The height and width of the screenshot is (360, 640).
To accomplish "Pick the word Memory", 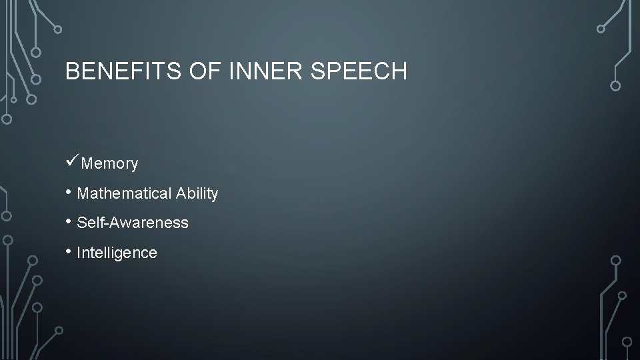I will click(x=109, y=163).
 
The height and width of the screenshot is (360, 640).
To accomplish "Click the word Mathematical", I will click(x=124, y=193).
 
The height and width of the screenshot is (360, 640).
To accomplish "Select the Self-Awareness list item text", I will click(x=133, y=223).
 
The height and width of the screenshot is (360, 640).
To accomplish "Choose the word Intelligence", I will click(x=117, y=253).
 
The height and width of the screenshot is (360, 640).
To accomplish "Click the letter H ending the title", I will click(x=399, y=71).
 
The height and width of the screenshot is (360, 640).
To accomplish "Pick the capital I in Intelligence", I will click(x=79, y=253).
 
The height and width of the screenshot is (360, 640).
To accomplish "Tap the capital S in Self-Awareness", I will click(x=81, y=223).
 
